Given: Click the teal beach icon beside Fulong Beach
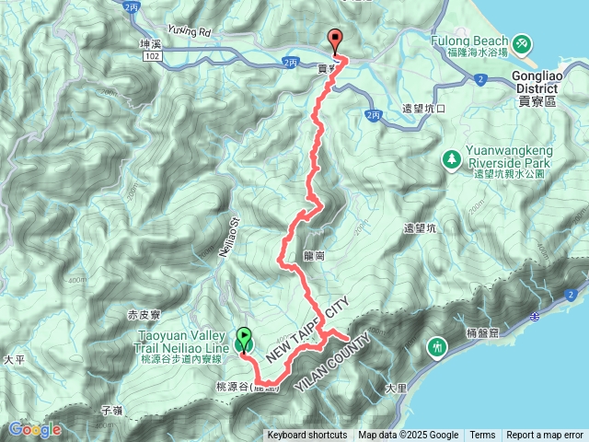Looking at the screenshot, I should [x=522, y=42].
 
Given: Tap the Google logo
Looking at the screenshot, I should [x=35, y=429].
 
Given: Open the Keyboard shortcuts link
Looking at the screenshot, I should [x=307, y=436].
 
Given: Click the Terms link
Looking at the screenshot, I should [x=482, y=436].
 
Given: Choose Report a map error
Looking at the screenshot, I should [x=545, y=436].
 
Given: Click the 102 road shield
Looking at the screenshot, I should [x=153, y=56].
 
